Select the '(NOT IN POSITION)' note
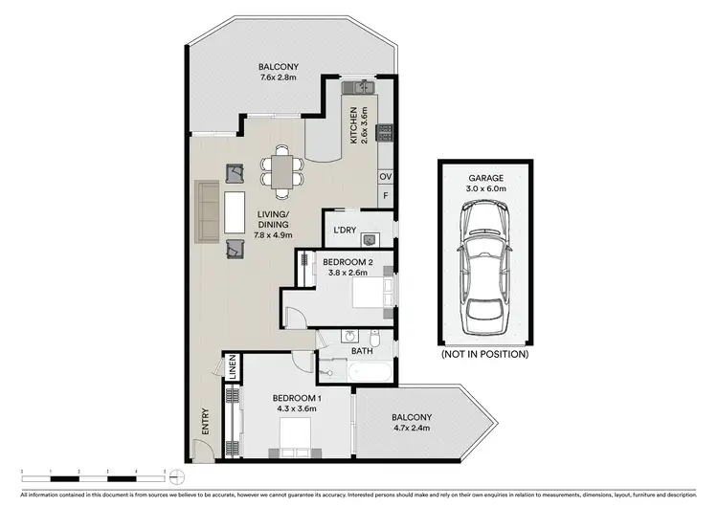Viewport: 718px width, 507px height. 484,354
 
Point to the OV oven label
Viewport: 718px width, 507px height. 385,177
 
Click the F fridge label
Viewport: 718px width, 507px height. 385,196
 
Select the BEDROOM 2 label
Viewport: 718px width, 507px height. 342,262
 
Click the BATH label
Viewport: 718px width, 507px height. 361,351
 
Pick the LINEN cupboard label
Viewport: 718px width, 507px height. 232,368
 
